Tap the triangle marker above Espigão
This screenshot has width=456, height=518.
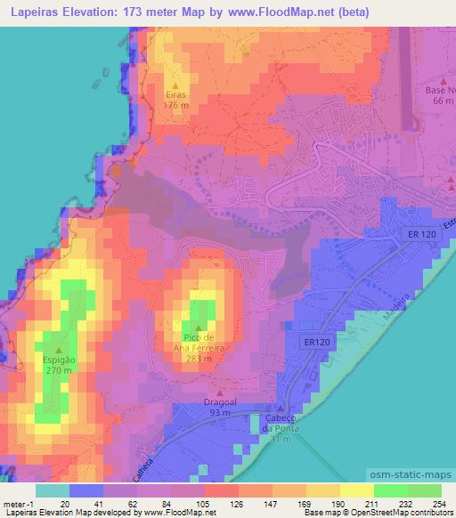tap(59, 350)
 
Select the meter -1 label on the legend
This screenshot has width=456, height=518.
tap(18, 503)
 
